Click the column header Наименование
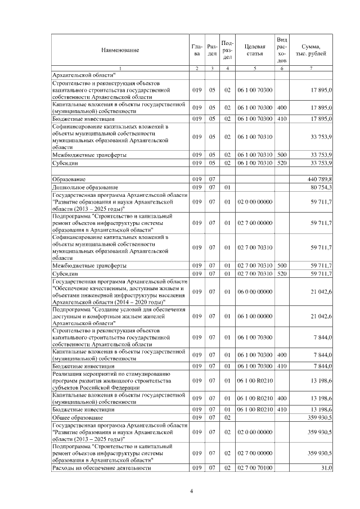pos(120,50)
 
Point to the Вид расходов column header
pos(282,49)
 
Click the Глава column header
pos(196,50)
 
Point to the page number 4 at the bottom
pos(191,491)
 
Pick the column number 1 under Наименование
pos(120,68)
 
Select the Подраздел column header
pos(228,50)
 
